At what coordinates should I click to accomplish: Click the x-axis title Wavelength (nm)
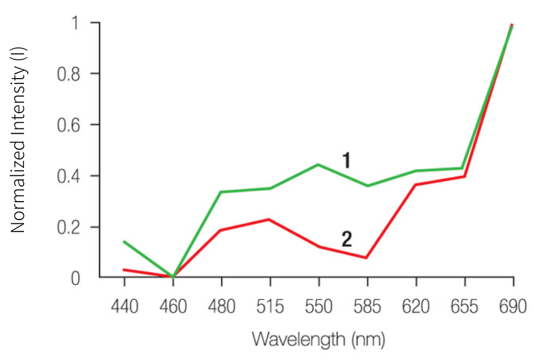[318, 339]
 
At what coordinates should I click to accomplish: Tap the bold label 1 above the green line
[346, 160]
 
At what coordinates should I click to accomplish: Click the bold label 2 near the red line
[346, 239]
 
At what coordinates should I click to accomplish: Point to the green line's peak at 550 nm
[319, 164]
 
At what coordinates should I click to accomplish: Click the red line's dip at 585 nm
[367, 258]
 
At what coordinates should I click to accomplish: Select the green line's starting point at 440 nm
[124, 242]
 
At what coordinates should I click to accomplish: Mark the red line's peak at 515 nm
[270, 220]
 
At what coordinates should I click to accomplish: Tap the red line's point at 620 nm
[416, 185]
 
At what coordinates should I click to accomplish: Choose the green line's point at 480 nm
[221, 192]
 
